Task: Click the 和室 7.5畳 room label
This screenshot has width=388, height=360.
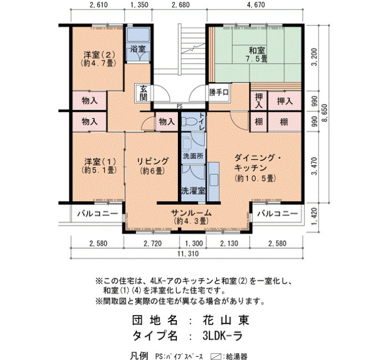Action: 257,55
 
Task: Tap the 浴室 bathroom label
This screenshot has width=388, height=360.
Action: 138,49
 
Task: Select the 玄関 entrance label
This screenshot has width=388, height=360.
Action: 144,93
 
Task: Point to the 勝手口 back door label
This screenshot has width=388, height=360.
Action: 219,92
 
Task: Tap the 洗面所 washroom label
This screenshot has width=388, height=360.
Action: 193,156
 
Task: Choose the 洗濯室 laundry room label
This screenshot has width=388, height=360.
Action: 193,191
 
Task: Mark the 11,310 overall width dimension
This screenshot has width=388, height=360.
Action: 188,254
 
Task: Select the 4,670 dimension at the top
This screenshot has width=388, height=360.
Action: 256,4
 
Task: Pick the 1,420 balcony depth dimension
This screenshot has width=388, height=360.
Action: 314,217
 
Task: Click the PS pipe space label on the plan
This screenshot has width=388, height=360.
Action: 180,106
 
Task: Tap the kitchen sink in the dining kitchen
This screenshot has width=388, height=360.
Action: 214,180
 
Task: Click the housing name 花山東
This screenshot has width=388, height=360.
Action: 226,321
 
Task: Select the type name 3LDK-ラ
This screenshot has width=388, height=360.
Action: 222,336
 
